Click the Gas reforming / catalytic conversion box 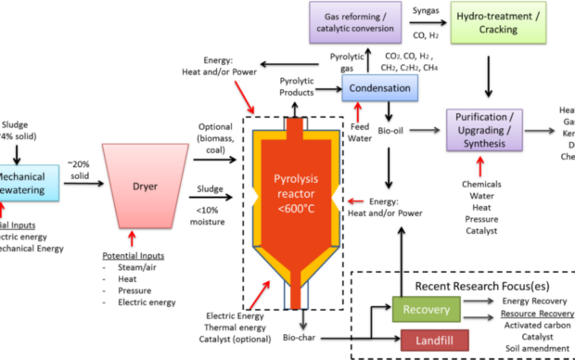pyautogui.click(x=355, y=21)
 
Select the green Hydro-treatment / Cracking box pyautogui.click(x=497, y=21)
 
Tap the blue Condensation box pyautogui.click(x=379, y=88)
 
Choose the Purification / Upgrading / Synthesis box pyautogui.click(x=484, y=130)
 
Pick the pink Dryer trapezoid pyautogui.click(x=145, y=185)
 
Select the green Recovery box pyautogui.click(x=426, y=309)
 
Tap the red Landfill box pyautogui.click(x=434, y=341)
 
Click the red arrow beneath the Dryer pyautogui.click(x=132, y=238)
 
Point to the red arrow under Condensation pyautogui.click(x=358, y=112)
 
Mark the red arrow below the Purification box pyautogui.click(x=479, y=166)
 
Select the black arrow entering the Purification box pyautogui.click(x=426, y=130)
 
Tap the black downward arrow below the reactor pyautogui.click(x=301, y=320)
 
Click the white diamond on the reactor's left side pyautogui.click(x=249, y=197)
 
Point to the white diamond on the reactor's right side pyautogui.click(x=339, y=197)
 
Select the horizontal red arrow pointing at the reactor pyautogui.click(x=356, y=199)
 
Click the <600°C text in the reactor pyautogui.click(x=295, y=208)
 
